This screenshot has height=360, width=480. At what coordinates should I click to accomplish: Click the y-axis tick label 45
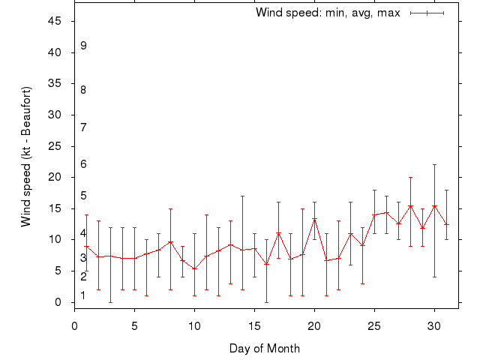pos(55,21)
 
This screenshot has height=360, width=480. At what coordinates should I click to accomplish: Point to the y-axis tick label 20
pos(55,177)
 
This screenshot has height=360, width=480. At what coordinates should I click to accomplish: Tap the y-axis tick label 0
pos(58,302)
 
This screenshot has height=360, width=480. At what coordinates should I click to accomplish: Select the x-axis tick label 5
pos(134,325)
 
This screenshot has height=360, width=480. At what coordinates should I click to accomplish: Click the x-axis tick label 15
pos(254,325)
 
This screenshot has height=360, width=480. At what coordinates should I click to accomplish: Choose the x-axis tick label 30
pos(434,325)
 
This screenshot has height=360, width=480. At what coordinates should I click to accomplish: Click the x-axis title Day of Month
pos(265,348)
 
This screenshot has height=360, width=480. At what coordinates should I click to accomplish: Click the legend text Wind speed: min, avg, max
pos(328,13)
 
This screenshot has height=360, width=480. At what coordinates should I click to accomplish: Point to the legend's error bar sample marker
pos(427,13)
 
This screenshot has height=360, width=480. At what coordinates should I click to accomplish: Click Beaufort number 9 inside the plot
pos(83,46)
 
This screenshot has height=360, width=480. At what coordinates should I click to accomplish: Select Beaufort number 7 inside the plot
pos(83,127)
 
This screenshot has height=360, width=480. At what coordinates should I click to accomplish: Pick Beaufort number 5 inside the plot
pos(83,196)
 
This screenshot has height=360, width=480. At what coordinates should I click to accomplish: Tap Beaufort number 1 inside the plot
pos(83,295)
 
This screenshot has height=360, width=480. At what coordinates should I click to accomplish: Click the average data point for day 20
pos(314,219)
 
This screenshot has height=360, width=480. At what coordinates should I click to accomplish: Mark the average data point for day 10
pos(194,268)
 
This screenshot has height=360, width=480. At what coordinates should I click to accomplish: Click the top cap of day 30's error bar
pos(434,164)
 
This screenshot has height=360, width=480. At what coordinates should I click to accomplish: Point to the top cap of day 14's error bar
pos(242,196)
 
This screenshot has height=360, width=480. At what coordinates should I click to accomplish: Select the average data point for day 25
pos(374,215)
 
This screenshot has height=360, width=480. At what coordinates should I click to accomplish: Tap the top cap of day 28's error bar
pos(410,177)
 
